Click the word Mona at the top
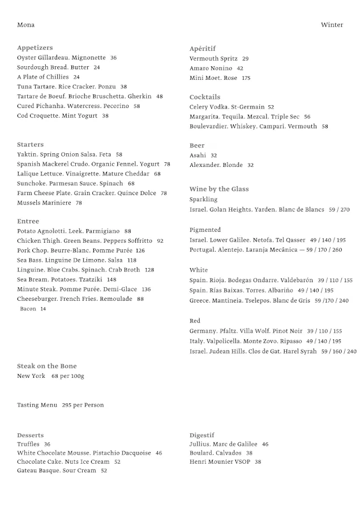(25, 25)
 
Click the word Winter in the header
(332, 25)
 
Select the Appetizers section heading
(35, 48)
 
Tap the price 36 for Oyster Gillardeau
(113, 58)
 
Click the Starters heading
(30, 145)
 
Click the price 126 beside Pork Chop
(140, 251)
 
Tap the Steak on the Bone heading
(47, 366)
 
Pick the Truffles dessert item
(28, 445)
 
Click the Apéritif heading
(203, 49)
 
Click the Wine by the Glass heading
(219, 189)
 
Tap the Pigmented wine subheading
(205, 230)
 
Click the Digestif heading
(202, 435)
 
